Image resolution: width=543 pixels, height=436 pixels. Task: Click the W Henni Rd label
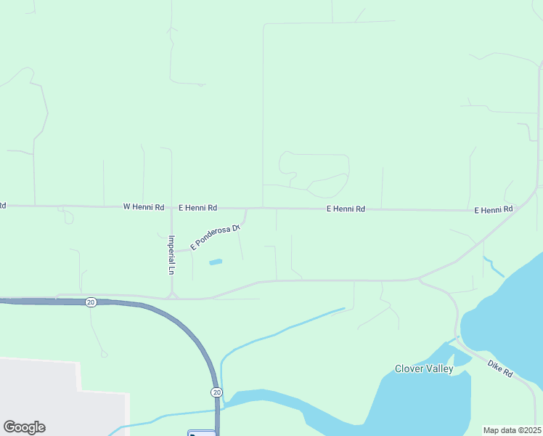143,207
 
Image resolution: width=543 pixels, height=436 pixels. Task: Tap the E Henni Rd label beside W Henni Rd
197,208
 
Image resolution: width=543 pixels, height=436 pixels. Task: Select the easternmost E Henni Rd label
494,210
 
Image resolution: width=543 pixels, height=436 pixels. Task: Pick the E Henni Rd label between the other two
346,209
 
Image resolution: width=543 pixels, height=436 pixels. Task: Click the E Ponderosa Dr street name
215,238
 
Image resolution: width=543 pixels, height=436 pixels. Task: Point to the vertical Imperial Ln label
171,254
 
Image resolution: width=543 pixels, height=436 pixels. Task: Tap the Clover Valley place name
424,368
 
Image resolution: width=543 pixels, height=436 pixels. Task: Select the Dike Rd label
500,368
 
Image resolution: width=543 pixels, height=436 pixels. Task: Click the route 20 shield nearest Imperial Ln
91,302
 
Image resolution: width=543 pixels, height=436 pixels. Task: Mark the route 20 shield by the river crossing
217,392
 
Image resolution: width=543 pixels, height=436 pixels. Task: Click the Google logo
24,427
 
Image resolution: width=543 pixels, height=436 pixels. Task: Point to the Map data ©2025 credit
513,430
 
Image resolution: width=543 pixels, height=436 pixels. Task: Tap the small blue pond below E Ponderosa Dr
216,262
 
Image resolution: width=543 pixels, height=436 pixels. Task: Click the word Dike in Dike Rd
495,365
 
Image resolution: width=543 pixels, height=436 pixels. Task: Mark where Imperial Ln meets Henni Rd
171,208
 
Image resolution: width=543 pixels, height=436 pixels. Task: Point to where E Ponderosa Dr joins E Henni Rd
247,209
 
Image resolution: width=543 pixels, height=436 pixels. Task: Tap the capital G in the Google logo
9,427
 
